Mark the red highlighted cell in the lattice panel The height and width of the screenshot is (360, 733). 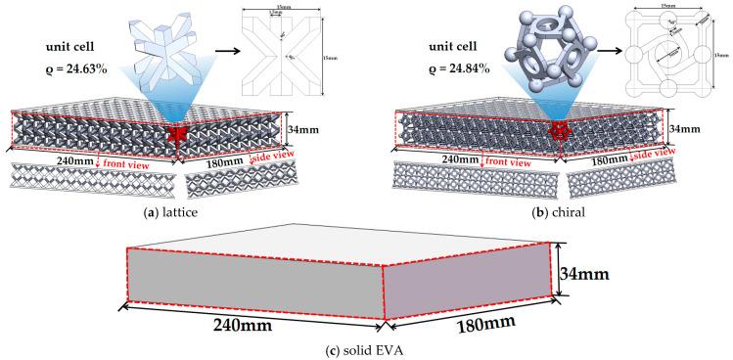click(x=180, y=133)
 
